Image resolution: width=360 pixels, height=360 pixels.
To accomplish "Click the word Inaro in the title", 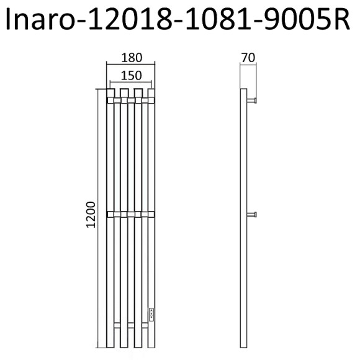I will click(35, 20).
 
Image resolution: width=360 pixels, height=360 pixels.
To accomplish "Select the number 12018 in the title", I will click(122, 20).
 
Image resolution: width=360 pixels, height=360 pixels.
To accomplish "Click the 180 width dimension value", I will click(132, 58).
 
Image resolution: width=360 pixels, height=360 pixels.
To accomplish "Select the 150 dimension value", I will click(132, 75).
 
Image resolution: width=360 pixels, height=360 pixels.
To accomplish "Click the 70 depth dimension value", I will click(248, 58).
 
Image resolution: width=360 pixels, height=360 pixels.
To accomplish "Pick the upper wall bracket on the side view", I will click(253, 100).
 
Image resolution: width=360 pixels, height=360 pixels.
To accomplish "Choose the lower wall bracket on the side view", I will click(253, 215).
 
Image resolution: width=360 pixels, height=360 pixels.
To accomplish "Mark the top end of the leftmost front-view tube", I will click(110, 92).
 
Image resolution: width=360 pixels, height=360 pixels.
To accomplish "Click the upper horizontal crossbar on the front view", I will click(130, 99).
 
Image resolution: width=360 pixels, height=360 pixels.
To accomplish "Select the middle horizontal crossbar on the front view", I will click(130, 215).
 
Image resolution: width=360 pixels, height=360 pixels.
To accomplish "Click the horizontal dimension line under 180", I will click(130, 65).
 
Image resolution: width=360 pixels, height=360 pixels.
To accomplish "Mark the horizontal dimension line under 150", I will click(131, 83).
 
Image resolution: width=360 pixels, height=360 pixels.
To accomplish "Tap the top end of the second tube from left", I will click(124, 92).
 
